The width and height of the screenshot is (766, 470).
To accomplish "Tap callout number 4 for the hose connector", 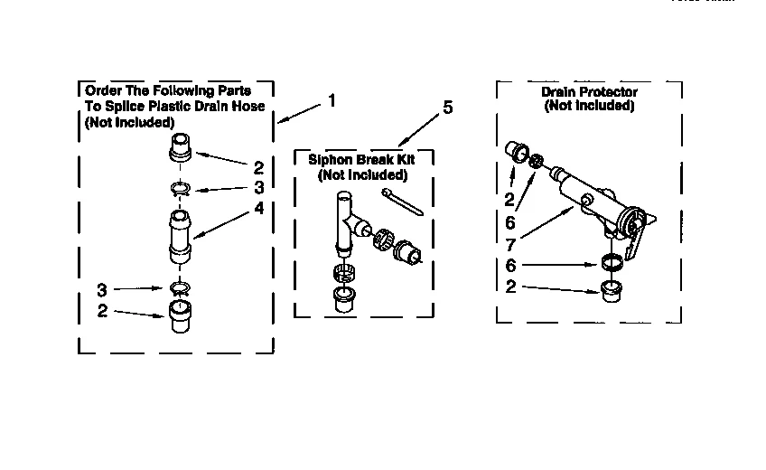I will click(x=258, y=207).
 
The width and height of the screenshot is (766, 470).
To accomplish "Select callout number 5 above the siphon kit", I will click(x=447, y=108).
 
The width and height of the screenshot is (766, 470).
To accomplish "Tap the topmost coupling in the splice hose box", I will click(x=182, y=147).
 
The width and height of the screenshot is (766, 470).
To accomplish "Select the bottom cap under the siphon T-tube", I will click(x=344, y=299).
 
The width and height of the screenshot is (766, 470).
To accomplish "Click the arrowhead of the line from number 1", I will click(x=279, y=121).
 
